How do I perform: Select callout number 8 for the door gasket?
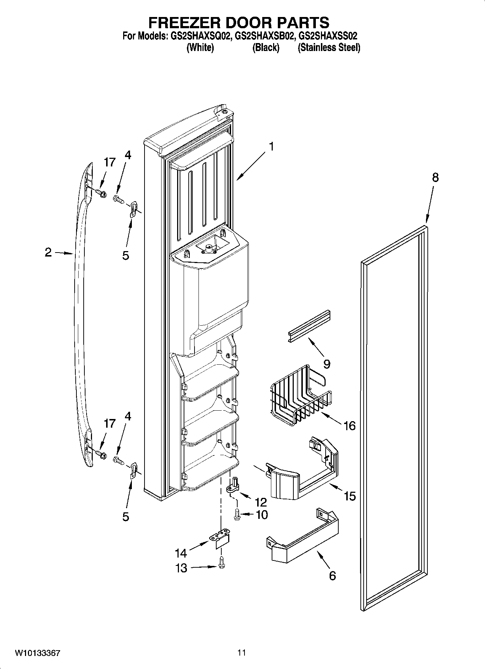point(435,178)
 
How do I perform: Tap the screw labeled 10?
point(237,515)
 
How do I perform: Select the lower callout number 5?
point(125,517)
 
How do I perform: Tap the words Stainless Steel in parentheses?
point(329,48)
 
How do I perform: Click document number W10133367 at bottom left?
point(37,653)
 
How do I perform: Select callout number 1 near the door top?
point(270,147)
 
